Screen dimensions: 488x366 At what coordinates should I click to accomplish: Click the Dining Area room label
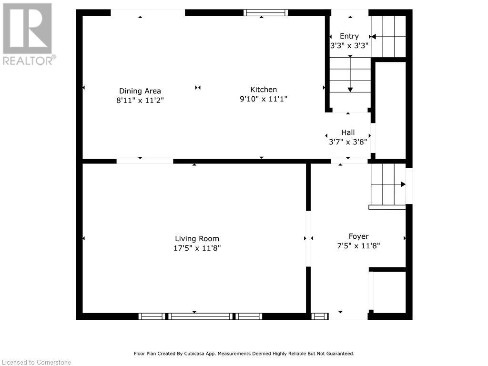140,91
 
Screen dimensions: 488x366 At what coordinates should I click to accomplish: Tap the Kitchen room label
264,90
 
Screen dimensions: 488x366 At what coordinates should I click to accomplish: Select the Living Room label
197,239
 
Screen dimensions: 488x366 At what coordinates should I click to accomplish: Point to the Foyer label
358,236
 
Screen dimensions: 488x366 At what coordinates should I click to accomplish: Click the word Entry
349,36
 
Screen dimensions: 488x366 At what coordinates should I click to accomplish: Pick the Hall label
348,132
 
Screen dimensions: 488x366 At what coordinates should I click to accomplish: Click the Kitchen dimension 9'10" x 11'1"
264,99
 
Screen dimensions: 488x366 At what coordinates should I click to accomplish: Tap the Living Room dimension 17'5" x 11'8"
197,248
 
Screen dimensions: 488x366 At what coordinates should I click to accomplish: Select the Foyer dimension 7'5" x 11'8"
358,246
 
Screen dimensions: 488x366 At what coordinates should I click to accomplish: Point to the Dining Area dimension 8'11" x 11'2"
140,100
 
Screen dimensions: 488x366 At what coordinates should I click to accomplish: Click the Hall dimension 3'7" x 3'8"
348,142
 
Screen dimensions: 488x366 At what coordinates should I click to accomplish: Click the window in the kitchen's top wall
265,12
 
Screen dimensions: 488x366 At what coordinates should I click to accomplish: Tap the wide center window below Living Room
201,316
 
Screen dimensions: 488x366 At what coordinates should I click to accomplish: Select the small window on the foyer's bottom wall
320,316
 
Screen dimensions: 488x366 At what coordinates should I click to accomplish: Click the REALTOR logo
28,34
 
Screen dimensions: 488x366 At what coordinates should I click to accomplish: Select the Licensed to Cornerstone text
36,362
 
